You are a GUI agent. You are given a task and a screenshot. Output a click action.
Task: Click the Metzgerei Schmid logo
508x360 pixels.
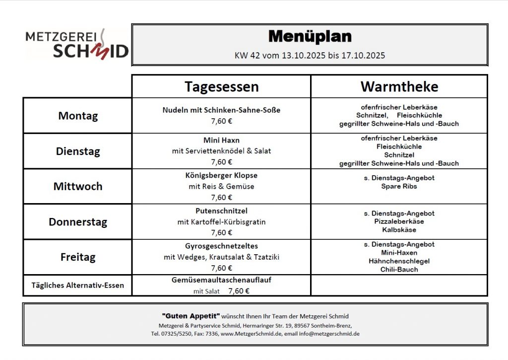pos(77,44)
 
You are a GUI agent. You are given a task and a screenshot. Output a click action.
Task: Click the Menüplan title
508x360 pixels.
pos(310,36)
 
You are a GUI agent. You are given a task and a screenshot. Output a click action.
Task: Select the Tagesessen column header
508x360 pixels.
pos(221,86)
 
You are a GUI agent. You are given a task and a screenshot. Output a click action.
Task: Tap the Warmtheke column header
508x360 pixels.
pos(399,86)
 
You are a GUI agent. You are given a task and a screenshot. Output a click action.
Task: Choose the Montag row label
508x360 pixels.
pos(78,116)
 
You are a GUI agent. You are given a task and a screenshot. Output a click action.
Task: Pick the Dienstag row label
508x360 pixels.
pos(78,151)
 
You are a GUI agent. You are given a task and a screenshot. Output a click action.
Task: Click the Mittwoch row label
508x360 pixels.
pos(78,186)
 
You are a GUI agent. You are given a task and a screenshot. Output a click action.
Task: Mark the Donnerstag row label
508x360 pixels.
pos(78,222)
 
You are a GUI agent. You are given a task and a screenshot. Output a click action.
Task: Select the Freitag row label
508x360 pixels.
pos(78,257)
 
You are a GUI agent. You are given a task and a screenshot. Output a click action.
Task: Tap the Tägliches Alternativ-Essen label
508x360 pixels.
pos(78,286)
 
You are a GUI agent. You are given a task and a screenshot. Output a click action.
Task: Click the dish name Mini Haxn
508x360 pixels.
pos(221,140)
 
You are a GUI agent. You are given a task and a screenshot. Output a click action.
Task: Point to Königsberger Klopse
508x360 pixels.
pos(221,175)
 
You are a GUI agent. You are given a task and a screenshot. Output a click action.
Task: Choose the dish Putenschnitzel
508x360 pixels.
pos(221,211)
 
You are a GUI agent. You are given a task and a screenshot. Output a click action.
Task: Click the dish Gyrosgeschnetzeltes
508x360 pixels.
pos(221,246)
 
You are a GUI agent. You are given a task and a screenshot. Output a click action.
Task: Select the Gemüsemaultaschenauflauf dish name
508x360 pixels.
pos(221,280)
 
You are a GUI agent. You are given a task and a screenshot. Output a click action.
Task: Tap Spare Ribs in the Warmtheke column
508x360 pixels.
pos(399,186)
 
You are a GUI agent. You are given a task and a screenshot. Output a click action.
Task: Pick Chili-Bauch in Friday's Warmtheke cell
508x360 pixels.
pos(399,270)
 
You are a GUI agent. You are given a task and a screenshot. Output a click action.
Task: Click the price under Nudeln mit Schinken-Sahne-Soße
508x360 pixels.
pos(221,121)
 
